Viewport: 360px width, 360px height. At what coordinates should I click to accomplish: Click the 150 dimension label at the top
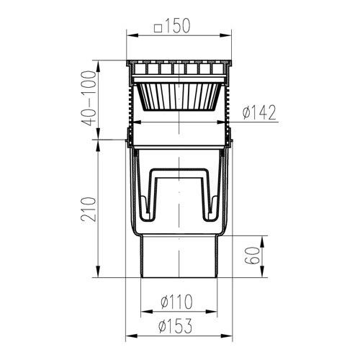pos(178,26)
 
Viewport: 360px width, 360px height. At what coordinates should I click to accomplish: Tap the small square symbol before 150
pos(158,28)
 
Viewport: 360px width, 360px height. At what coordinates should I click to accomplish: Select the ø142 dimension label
pos(259,113)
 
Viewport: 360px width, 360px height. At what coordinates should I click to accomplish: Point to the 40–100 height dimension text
pos(89,99)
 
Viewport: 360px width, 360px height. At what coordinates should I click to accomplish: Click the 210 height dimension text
pos(89,210)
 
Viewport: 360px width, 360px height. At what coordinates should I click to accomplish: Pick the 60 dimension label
pos(253,256)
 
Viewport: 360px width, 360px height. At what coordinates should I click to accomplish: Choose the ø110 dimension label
pos(176,302)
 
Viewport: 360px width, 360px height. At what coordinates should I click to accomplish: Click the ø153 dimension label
pos(176,325)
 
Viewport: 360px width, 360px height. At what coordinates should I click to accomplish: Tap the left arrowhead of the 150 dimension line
pos(132,36)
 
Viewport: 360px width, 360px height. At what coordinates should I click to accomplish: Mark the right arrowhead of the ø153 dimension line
pos(227,336)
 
